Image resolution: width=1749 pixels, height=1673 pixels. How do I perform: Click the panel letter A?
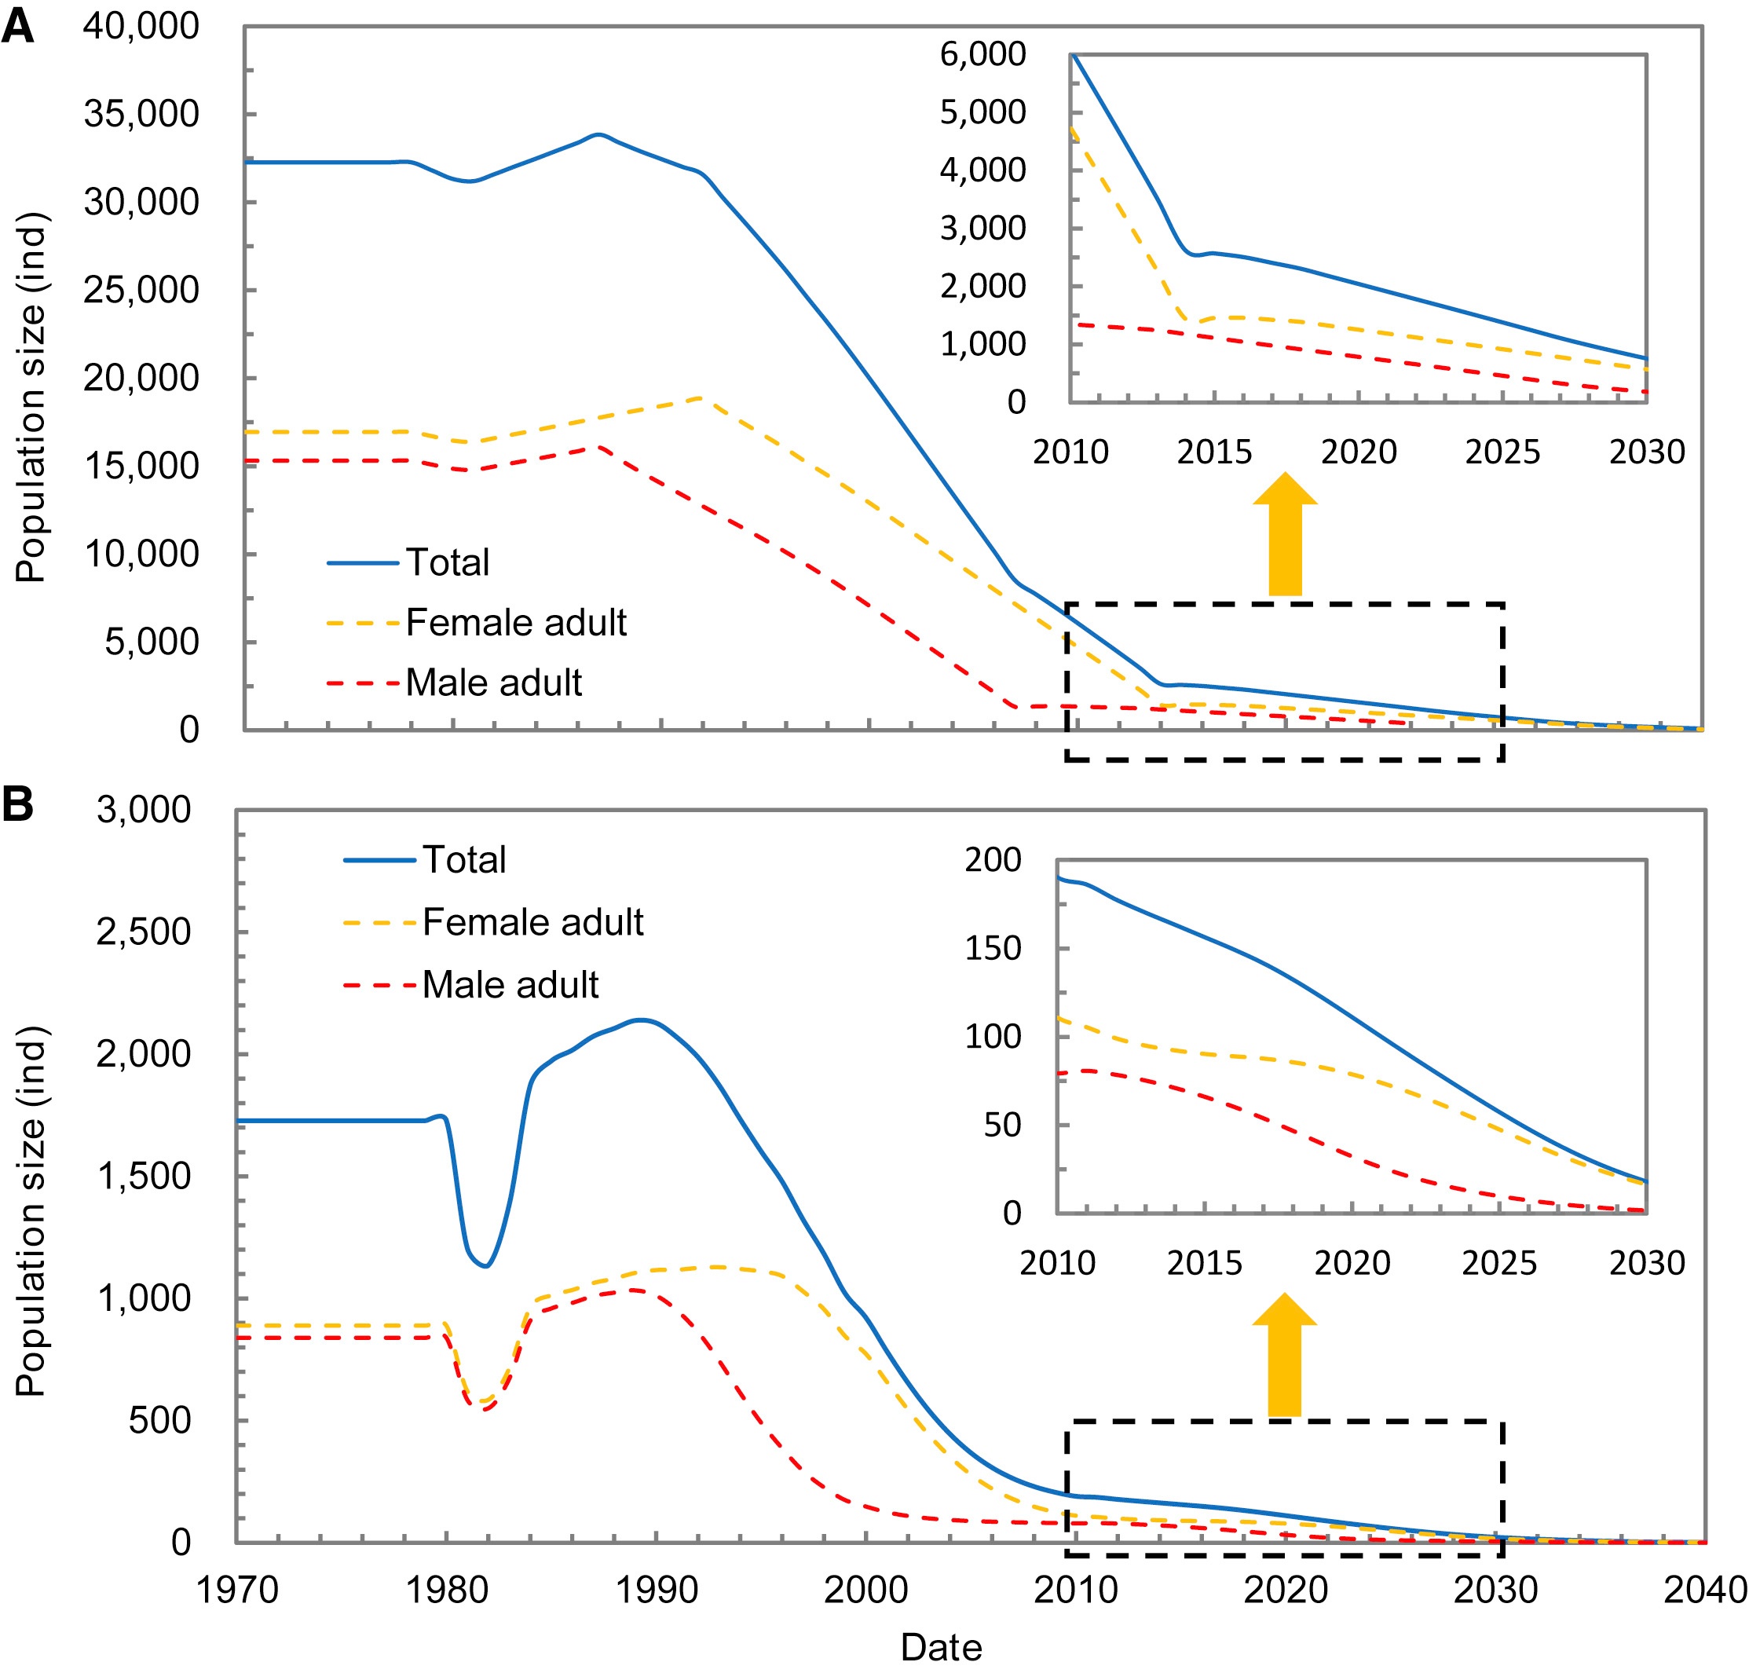pos(18,27)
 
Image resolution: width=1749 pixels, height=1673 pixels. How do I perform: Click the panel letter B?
pos(18,804)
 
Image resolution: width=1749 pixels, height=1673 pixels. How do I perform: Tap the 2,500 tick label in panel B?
pos(144,932)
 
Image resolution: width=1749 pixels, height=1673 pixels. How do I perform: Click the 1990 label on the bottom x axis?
pos(657,1589)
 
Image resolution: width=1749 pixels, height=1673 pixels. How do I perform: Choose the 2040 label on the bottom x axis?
pos(1704,1589)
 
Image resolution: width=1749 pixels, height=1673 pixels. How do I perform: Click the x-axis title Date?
pos(941,1646)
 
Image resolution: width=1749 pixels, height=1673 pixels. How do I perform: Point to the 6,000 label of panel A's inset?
pos(982,54)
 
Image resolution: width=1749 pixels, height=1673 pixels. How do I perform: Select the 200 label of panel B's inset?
pos(993,860)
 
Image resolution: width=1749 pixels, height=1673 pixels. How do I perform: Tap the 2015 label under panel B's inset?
pos(1204,1263)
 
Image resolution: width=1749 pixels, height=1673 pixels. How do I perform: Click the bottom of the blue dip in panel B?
pos(485,1265)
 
